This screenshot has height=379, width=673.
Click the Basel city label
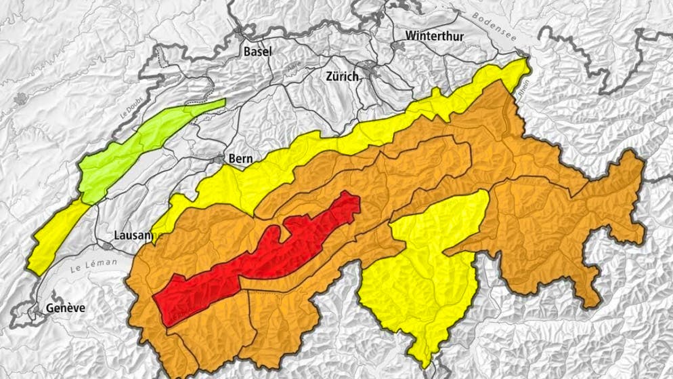click(257, 52)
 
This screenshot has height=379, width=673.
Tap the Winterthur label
click(434, 37)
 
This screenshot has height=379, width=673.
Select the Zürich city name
click(342, 77)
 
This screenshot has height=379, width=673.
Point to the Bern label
click(240, 159)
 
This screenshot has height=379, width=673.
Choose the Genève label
click(66, 308)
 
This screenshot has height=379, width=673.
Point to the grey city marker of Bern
click(219, 159)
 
